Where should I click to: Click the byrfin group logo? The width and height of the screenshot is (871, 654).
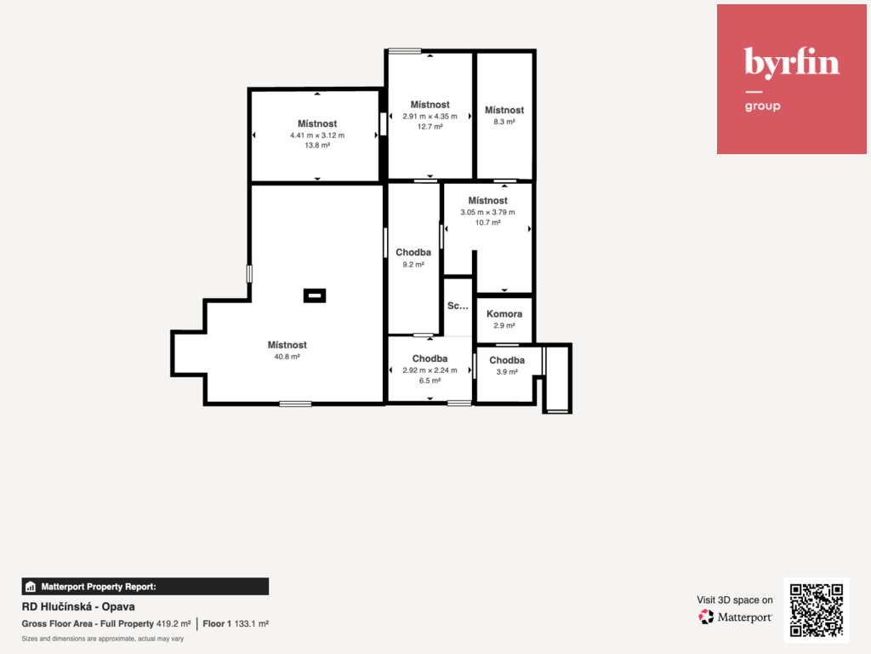tap(792, 79)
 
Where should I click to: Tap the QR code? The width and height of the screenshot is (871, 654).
tap(816, 610)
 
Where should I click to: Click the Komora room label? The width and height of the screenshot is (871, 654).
tap(504, 313)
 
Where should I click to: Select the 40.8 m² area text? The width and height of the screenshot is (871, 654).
tap(287, 357)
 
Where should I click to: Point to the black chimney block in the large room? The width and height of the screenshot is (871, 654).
tap(315, 295)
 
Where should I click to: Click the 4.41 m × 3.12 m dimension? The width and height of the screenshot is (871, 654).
tap(317, 135)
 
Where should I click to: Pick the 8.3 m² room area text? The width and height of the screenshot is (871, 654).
tap(504, 122)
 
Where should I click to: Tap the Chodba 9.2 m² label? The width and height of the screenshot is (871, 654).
tap(413, 258)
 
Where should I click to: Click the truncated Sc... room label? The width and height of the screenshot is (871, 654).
tap(458, 306)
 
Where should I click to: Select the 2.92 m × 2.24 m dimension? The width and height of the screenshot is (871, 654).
tap(430, 370)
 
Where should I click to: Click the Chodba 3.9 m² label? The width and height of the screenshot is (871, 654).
tap(507, 365)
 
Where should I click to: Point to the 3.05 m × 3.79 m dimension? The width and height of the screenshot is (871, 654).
tap(487, 212)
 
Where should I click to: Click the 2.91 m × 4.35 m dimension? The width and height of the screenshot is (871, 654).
tap(430, 116)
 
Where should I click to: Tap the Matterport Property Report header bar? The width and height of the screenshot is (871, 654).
tap(145, 587)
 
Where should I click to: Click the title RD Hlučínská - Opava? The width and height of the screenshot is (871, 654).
tap(78, 606)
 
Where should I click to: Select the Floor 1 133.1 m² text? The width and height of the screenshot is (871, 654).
tap(236, 624)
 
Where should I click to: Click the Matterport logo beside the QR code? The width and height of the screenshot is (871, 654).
tap(735, 617)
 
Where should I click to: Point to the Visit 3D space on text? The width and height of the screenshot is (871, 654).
tap(735, 600)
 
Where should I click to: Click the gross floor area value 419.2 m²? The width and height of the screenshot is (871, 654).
tap(174, 624)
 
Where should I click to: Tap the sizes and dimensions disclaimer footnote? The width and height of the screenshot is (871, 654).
tap(103, 639)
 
